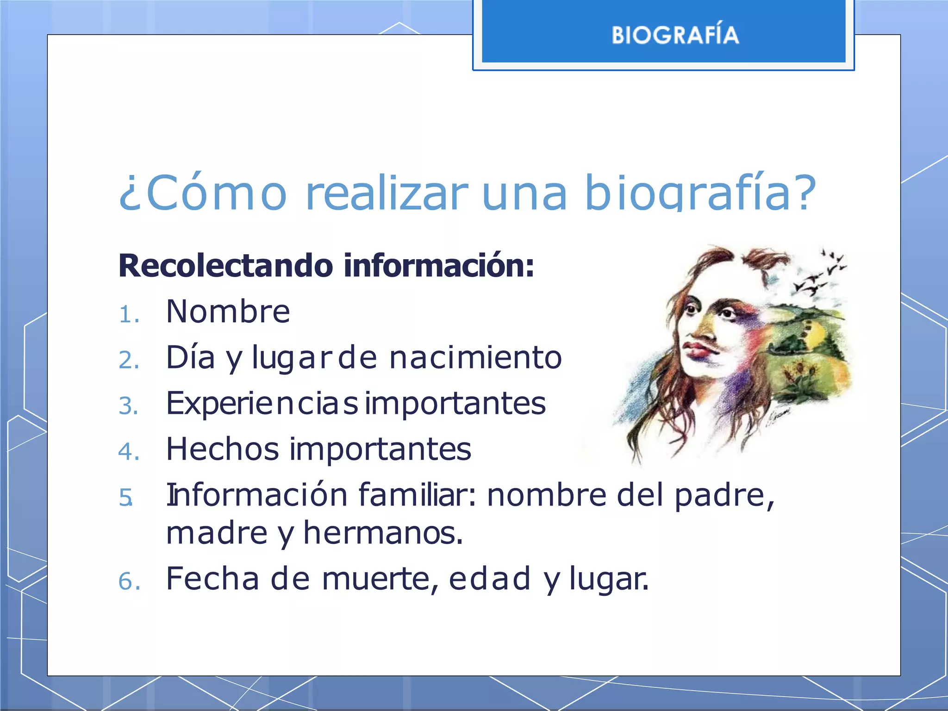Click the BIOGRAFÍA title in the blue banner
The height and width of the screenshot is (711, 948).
(x=675, y=35)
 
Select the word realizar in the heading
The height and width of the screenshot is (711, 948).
(x=387, y=193)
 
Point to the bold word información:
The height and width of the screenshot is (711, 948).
(x=439, y=266)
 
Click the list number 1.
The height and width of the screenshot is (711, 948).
(x=129, y=315)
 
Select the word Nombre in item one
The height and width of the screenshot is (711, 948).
(x=228, y=312)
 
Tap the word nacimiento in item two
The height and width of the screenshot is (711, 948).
(x=475, y=358)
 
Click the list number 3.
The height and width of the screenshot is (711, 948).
(x=129, y=406)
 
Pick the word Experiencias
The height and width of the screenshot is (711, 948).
(x=262, y=404)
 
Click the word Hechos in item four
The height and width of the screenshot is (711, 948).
(x=223, y=449)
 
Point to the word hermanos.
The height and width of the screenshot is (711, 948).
(x=383, y=533)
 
